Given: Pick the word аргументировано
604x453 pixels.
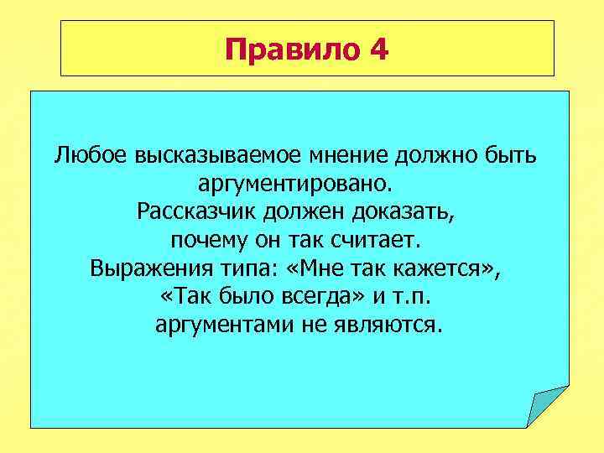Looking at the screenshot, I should pos(301,183).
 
